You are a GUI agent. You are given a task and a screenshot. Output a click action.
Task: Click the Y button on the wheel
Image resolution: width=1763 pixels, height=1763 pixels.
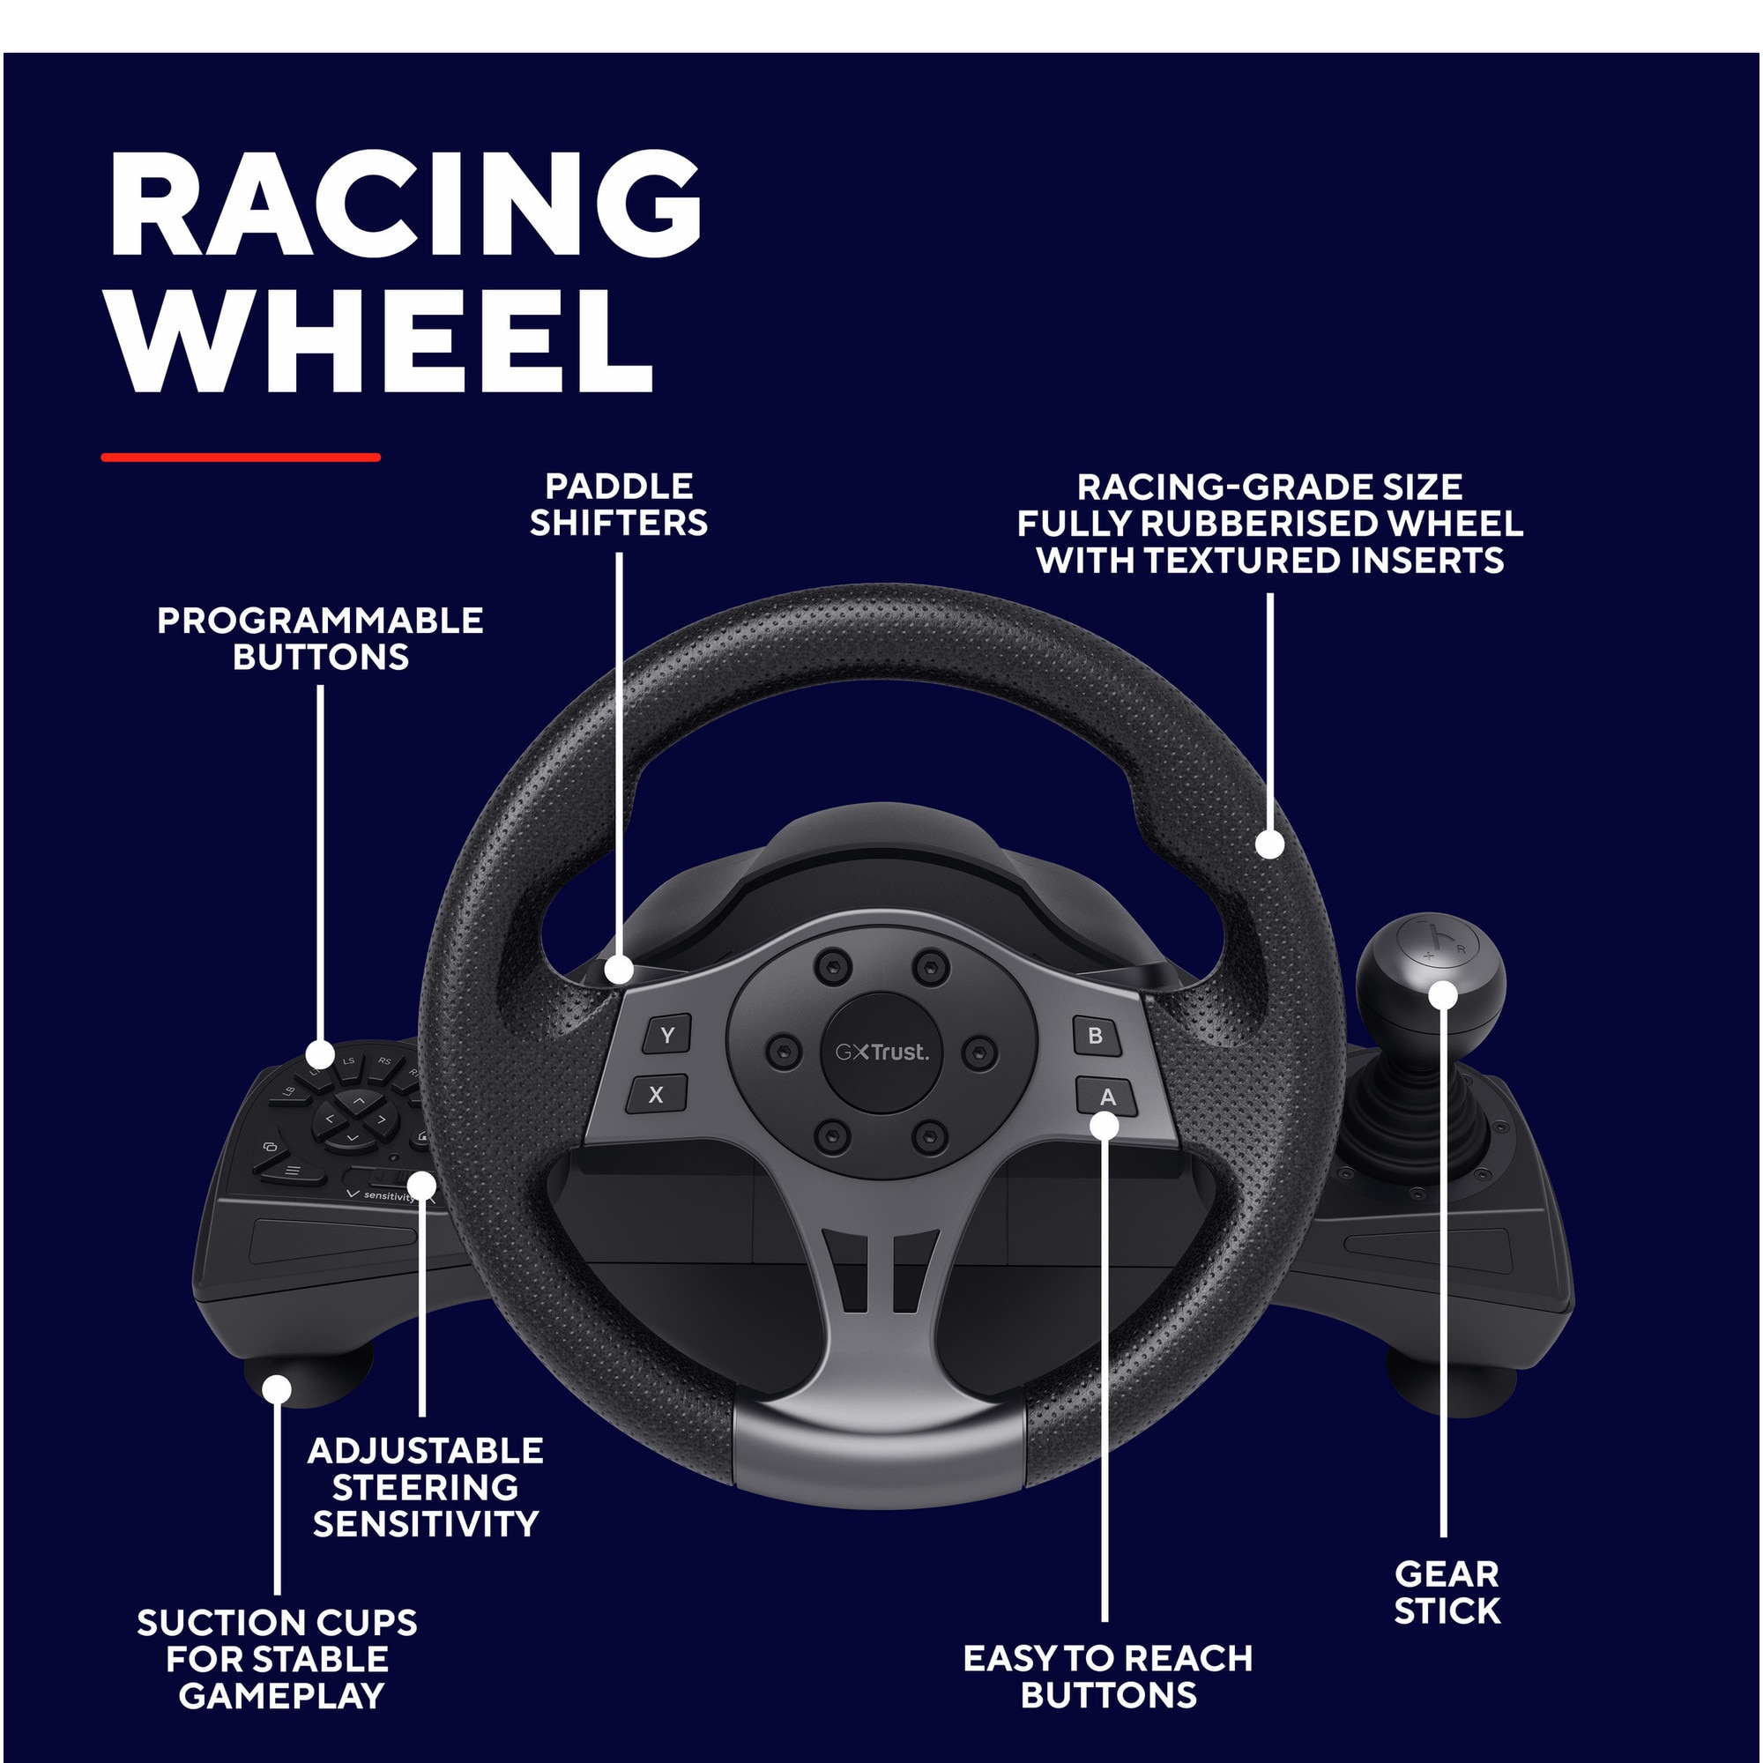click(667, 1035)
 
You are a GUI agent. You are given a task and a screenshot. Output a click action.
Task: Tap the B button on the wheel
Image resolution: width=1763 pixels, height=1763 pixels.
click(1095, 1036)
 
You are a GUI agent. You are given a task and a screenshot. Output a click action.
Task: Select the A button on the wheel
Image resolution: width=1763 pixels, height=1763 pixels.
click(1107, 1096)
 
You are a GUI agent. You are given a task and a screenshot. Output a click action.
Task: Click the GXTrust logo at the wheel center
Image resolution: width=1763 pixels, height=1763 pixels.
click(881, 1053)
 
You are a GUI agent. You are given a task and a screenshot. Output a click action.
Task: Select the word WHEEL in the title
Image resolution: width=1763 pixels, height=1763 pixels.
click(381, 341)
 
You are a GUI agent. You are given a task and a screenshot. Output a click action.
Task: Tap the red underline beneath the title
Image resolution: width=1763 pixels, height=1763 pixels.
click(241, 457)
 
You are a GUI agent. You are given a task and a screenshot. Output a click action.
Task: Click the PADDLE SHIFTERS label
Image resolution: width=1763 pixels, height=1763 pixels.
click(619, 504)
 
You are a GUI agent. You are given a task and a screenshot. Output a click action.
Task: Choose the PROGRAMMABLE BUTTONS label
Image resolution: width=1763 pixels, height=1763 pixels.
click(320, 639)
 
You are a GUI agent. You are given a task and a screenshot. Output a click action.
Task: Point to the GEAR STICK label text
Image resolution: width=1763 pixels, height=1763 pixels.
click(1447, 1591)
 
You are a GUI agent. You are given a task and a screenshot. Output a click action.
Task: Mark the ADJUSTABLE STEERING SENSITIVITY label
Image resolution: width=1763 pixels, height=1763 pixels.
click(426, 1487)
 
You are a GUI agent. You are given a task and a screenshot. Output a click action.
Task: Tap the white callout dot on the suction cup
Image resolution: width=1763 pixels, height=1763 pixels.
click(277, 1390)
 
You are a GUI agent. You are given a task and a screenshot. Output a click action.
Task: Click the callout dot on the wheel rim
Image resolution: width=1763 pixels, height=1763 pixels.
click(1269, 844)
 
